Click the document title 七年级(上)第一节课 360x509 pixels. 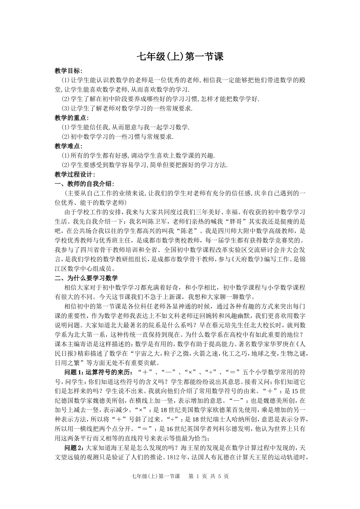point(180,56)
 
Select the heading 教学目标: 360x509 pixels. point(68,71)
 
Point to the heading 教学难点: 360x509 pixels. point(68,146)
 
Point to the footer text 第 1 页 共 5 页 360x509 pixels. point(208,476)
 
